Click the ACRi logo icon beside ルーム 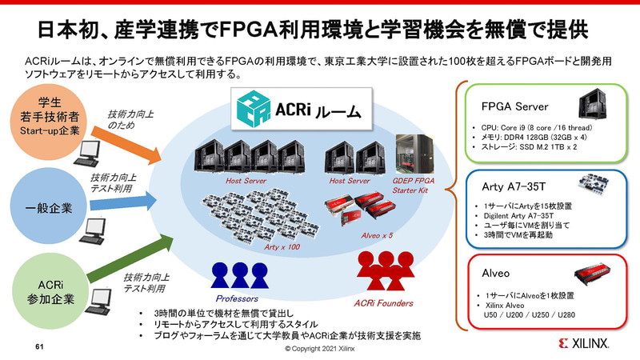pyautogui.click(x=250, y=110)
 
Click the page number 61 pyautogui.click(x=38, y=348)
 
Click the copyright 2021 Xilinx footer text pyautogui.click(x=320, y=350)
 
